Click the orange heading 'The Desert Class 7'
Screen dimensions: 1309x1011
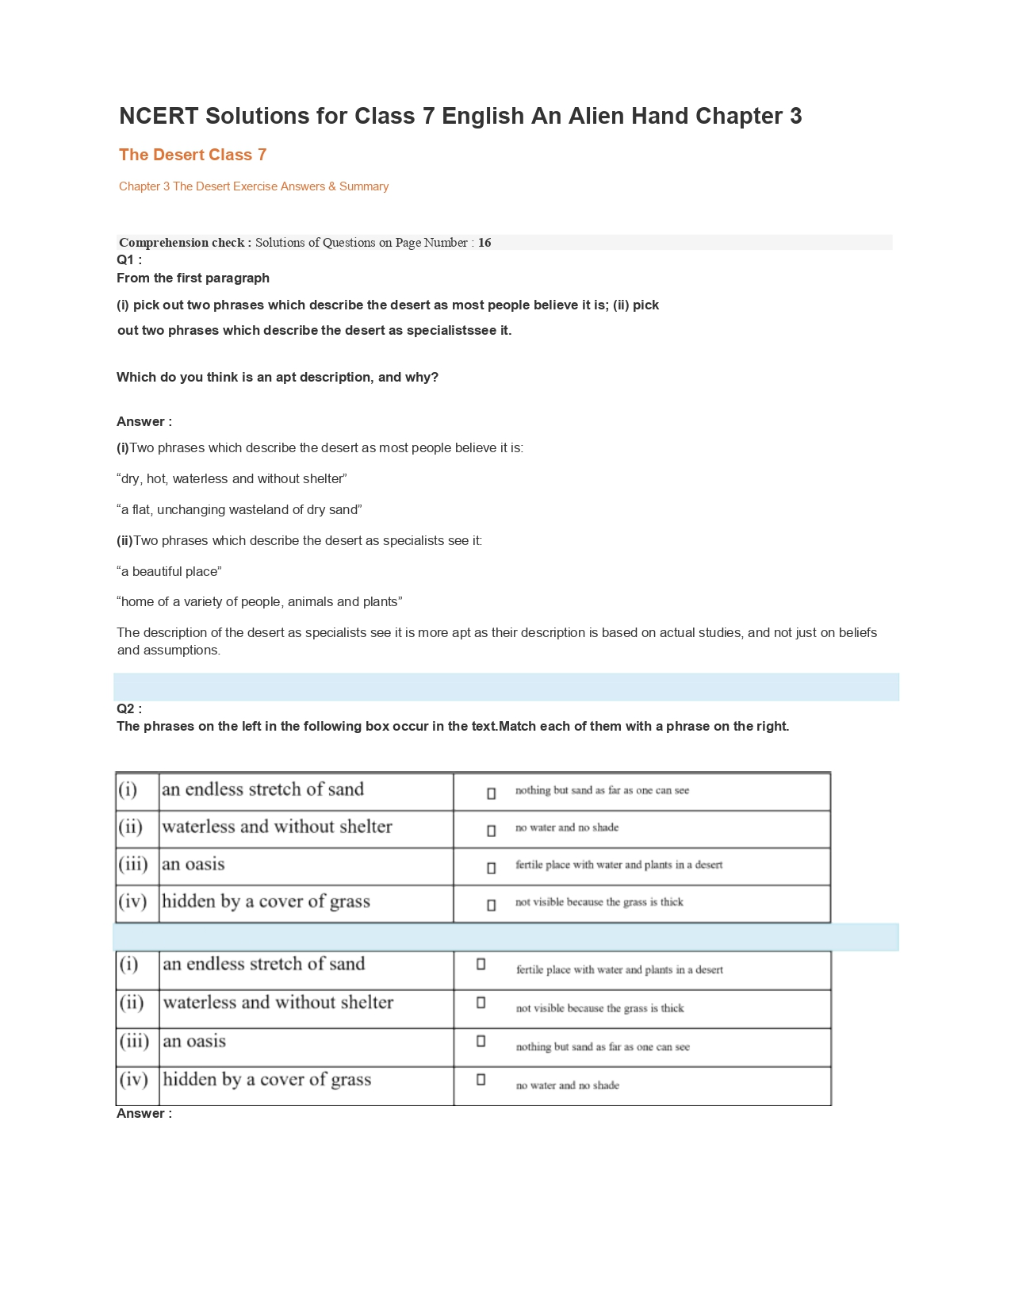[193, 155]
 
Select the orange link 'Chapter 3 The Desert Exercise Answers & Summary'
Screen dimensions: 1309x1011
[254, 186]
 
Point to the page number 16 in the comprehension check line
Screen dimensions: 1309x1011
[484, 243]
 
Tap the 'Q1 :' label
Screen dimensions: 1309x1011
[129, 260]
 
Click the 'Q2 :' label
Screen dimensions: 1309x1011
[129, 709]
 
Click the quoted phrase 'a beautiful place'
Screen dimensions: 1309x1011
[169, 571]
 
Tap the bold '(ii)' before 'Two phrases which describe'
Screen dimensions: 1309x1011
[124, 540]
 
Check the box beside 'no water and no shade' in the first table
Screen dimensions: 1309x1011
[492, 831]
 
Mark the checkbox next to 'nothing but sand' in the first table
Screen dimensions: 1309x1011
[492, 793]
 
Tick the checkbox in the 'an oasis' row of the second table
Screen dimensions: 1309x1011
[481, 1041]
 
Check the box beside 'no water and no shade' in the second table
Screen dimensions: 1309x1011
[481, 1080]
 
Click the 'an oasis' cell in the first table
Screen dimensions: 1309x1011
[193, 865]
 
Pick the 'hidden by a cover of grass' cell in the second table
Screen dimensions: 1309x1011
[267, 1080]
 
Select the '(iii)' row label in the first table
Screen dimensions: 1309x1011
[133, 865]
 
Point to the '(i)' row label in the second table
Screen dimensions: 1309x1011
[129, 965]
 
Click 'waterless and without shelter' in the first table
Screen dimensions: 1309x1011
[277, 827]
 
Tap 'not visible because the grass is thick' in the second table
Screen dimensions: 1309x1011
[599, 1008]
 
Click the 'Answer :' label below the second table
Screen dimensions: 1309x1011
[144, 1114]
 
